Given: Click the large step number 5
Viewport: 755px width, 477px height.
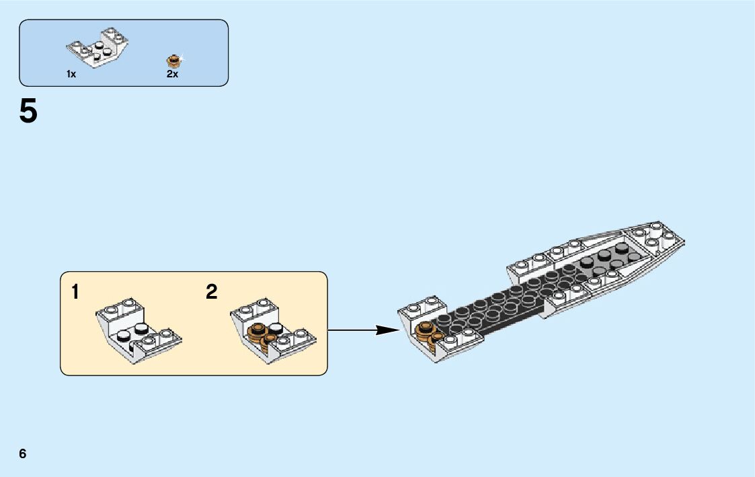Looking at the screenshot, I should tap(28, 112).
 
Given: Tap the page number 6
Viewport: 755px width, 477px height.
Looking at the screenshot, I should tap(23, 453).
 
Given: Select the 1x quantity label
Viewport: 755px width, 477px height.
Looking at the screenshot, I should tap(71, 75).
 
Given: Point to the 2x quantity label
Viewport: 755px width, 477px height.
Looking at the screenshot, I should tap(172, 75).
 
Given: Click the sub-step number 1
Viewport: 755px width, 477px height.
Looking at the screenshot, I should tap(75, 292).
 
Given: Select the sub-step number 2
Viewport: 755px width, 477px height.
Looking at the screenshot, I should tap(212, 292).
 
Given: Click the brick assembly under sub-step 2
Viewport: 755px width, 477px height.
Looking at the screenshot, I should tap(272, 330).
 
